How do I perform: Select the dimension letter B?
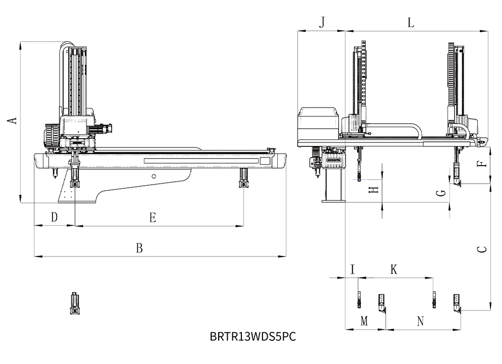point(139,248)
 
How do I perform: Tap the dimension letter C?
point(482,249)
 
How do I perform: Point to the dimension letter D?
point(54,217)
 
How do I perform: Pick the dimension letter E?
point(152,217)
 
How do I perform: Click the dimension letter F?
point(482,164)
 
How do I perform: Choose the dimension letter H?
point(373,190)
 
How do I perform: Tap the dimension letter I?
point(353,270)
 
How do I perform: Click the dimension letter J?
point(322,22)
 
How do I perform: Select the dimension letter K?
point(394,270)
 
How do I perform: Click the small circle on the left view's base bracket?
point(154,176)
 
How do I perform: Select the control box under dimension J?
point(318,122)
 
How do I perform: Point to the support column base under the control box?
point(334,201)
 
